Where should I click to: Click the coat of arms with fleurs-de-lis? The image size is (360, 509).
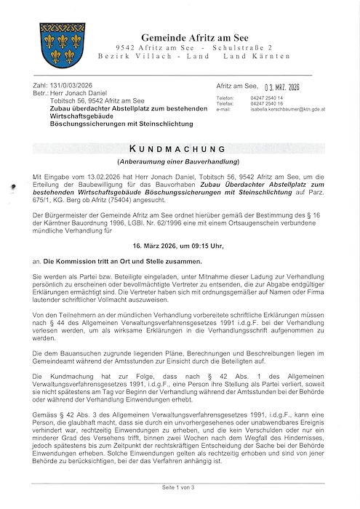[x=62, y=44]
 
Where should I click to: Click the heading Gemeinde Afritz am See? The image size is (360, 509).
[x=199, y=37]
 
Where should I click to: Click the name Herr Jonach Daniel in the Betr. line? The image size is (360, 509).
[x=76, y=93]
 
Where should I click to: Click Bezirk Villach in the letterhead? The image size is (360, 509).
[x=137, y=56]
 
